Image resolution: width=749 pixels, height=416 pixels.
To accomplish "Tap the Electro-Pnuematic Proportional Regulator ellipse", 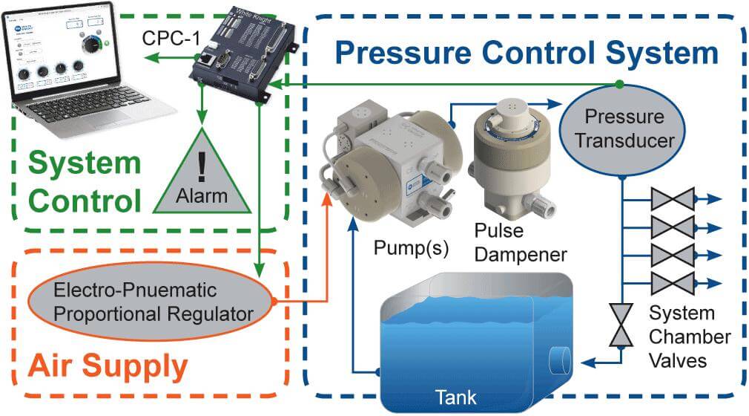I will coord(151,300).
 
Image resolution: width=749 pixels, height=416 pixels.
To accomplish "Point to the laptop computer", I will coord(81,71).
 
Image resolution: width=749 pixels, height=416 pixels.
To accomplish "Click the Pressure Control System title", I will coord(527,53).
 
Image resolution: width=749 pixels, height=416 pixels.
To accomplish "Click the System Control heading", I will coord(86,181).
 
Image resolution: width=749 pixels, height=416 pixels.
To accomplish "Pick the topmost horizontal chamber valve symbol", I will coord(671,198).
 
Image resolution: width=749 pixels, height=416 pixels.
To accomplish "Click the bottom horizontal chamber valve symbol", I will coord(671,282).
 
